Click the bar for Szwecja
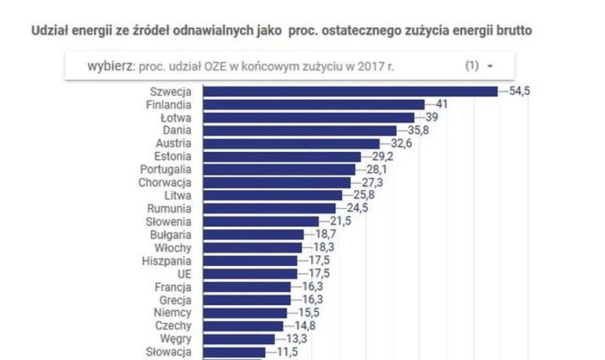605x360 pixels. (x=351, y=91)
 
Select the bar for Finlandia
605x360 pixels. (x=315, y=104)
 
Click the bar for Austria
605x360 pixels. (x=292, y=143)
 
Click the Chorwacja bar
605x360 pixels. (x=278, y=183)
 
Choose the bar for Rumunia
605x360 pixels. (x=271, y=208)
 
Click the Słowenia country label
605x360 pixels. (x=168, y=222)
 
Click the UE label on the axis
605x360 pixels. (x=183, y=274)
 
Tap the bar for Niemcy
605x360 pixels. (x=246, y=313)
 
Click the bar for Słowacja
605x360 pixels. (x=235, y=352)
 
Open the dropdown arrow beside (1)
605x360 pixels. (x=490, y=66)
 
